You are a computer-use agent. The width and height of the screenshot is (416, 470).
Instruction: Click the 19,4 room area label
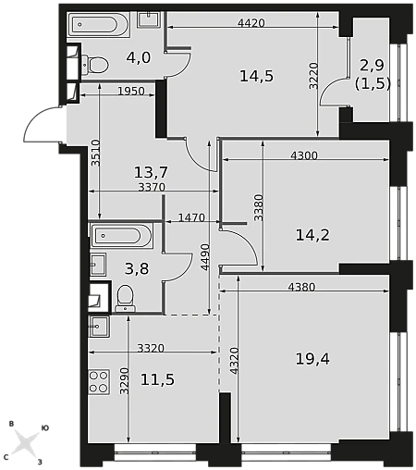(312, 359)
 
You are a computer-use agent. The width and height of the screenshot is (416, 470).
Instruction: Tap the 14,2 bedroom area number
(312, 235)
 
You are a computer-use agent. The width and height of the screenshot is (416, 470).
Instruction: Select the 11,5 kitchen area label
(157, 379)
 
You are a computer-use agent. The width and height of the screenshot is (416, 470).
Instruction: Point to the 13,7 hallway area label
(151, 172)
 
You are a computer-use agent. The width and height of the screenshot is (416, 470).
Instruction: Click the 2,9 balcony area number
(372, 66)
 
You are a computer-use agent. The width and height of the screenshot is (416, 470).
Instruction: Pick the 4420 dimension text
(251, 23)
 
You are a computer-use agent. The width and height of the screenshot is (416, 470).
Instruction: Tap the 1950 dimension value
(131, 91)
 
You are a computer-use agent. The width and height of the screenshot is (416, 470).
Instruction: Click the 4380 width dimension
(301, 287)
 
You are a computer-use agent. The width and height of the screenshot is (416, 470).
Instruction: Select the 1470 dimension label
(191, 217)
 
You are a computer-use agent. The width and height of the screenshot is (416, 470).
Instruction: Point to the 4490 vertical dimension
(205, 257)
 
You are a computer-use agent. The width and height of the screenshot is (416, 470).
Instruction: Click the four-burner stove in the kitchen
(99, 382)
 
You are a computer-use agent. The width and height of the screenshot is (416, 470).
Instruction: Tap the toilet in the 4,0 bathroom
(96, 65)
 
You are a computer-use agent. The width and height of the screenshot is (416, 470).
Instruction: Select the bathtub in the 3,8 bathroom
(121, 236)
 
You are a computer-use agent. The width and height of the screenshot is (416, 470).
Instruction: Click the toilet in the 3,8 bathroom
(126, 299)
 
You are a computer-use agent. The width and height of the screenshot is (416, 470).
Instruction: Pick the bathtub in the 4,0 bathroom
(98, 25)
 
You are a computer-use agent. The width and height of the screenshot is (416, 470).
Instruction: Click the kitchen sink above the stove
(99, 327)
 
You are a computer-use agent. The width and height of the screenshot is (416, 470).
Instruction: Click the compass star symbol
(25, 443)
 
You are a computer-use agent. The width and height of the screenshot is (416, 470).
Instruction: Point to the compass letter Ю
(45, 427)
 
